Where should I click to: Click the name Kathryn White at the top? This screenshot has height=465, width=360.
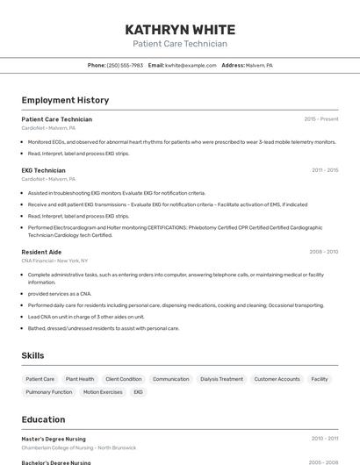point(180,29)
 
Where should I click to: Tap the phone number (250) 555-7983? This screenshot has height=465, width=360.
point(125,65)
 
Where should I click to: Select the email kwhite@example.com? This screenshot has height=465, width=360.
point(191,65)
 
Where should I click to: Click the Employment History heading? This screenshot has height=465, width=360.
point(65,100)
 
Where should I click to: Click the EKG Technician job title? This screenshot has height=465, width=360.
point(43,170)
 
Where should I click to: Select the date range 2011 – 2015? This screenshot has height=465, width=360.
point(324,170)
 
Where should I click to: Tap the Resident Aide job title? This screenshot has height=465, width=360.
point(41,252)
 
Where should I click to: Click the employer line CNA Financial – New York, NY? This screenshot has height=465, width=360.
point(54,261)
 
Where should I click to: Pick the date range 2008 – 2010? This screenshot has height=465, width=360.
point(323,252)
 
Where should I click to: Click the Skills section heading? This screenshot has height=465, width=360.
point(32,355)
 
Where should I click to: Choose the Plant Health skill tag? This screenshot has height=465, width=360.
point(80,379)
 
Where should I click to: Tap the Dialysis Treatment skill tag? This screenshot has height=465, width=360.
point(221,379)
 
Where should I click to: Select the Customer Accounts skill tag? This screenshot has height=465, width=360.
point(277,379)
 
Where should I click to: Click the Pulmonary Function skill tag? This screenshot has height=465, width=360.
point(49,392)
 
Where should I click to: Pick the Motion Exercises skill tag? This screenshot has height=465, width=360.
point(103,392)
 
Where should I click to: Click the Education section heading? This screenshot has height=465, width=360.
point(43,419)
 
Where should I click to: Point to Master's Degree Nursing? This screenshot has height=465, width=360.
point(54,438)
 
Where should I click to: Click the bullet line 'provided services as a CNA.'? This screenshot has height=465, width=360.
point(60,294)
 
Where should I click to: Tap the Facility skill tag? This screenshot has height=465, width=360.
point(320,379)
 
